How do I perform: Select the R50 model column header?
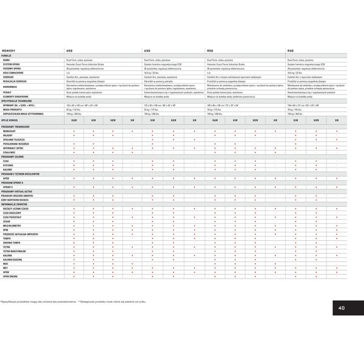(x=210, y=50)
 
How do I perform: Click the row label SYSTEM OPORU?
(x=12, y=64)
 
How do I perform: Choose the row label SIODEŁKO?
(x=10, y=78)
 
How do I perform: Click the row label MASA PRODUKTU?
(x=13, y=109)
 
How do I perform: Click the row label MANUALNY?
(x=10, y=130)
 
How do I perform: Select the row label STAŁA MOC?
(x=10, y=152)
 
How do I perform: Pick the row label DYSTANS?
(x=8, y=165)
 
